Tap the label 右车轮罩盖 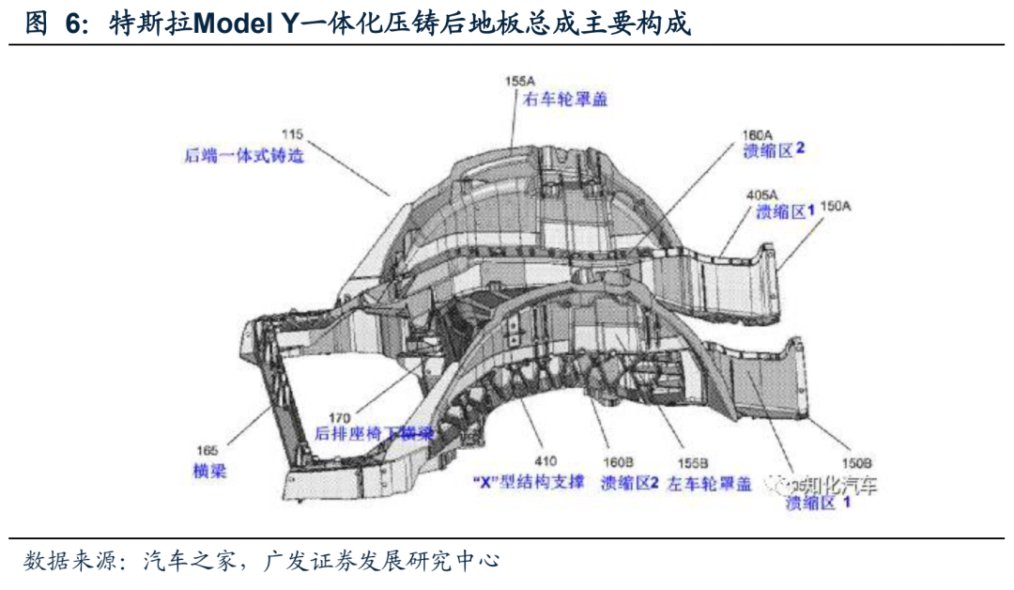pyautogui.click(x=565, y=99)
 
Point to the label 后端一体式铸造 pyautogui.click(x=244, y=155)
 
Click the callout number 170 pyautogui.click(x=340, y=415)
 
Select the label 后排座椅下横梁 pyautogui.click(x=375, y=434)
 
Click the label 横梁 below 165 pyautogui.click(x=209, y=471)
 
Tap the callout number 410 pyautogui.click(x=545, y=461)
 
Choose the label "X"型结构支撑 pyautogui.click(x=530, y=482)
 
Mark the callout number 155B pyautogui.click(x=693, y=462)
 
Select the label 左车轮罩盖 pyautogui.click(x=710, y=484)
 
